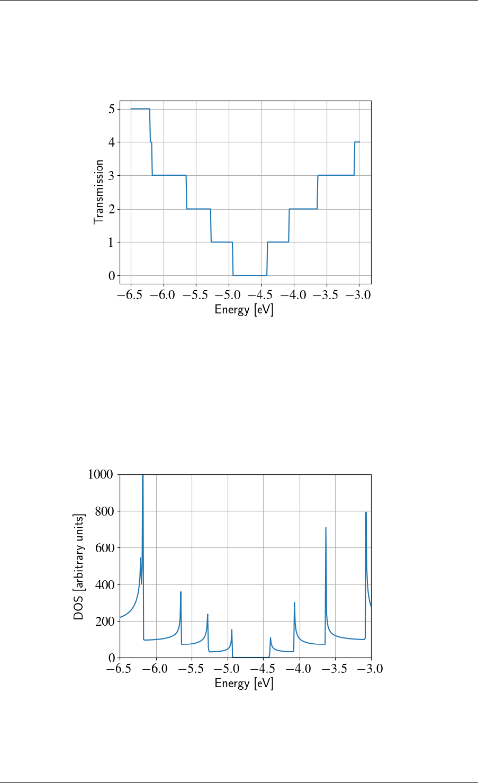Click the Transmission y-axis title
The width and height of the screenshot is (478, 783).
click(98, 192)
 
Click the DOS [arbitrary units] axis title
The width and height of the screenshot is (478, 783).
click(78, 566)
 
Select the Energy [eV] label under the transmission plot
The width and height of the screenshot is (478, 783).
click(244, 310)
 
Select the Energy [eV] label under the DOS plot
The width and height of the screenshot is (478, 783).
click(244, 684)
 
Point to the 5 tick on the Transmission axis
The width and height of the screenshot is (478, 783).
click(111, 109)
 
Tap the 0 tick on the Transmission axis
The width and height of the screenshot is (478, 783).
click(111, 276)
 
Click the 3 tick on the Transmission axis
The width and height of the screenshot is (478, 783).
click(111, 176)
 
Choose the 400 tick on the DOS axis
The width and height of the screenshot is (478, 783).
click(104, 585)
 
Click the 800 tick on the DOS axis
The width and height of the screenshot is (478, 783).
click(104, 511)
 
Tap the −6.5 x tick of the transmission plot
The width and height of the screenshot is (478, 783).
click(131, 295)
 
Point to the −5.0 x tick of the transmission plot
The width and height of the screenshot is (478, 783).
click(229, 295)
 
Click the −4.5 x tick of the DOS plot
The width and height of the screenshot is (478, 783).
click(264, 669)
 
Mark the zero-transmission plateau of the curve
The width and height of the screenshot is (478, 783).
click(250, 275)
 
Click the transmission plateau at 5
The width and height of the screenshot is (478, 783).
click(140, 109)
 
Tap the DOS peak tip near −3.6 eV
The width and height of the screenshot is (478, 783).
click(326, 528)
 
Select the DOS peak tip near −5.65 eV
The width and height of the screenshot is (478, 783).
click(181, 592)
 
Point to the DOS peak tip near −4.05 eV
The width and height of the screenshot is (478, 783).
click(294, 603)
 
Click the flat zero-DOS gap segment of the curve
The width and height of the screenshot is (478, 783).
click(250, 658)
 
